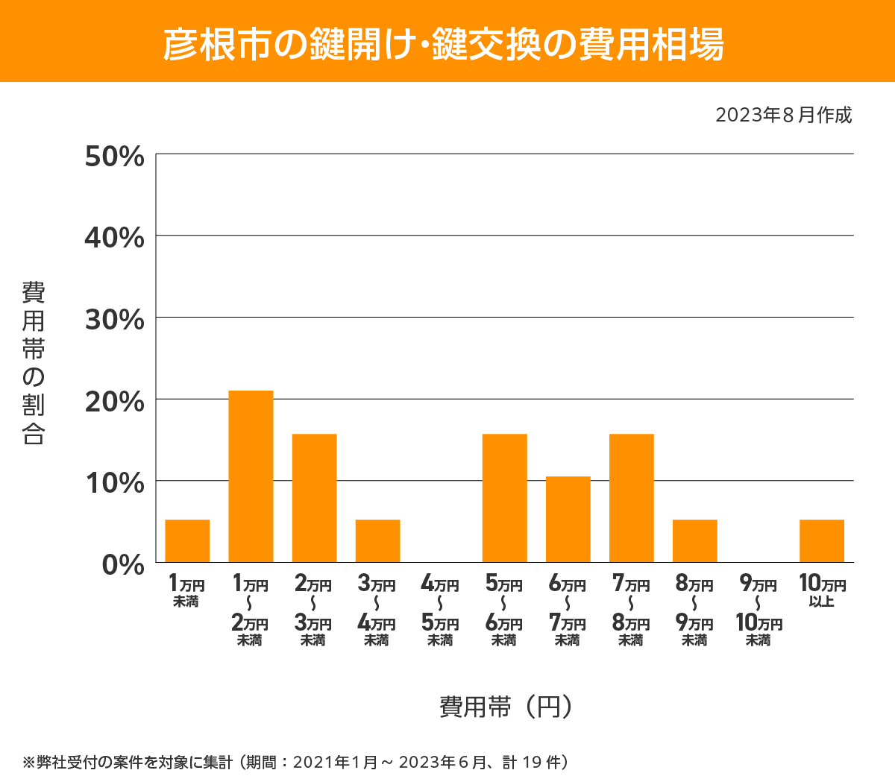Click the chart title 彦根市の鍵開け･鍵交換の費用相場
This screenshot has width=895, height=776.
pyautogui.click(x=444, y=44)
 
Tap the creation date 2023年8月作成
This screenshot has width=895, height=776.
pyautogui.click(x=783, y=116)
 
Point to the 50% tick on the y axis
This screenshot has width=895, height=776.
pyautogui.click(x=114, y=157)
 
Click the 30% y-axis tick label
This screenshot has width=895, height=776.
pyautogui.click(x=114, y=320)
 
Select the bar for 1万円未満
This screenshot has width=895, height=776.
pyautogui.click(x=187, y=541)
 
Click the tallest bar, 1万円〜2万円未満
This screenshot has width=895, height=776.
pyautogui.click(x=251, y=476)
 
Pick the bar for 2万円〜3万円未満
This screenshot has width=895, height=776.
pyautogui.click(x=314, y=498)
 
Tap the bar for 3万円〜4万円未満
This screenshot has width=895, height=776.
pyautogui.click(x=377, y=541)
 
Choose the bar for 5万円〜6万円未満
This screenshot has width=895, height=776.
pyautogui.click(x=504, y=498)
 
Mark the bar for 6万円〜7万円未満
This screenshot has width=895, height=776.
pyautogui.click(x=568, y=520)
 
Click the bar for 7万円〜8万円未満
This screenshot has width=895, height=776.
pyautogui.click(x=631, y=498)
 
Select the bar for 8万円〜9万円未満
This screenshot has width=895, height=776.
pyautogui.click(x=694, y=541)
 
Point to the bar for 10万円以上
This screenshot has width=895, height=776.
pyautogui.click(x=821, y=541)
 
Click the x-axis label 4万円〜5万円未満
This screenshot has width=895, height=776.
pyautogui.click(x=440, y=611)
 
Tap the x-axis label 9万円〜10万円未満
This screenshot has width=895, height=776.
pyautogui.click(x=759, y=611)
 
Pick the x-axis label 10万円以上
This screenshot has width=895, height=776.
pyautogui.click(x=822, y=590)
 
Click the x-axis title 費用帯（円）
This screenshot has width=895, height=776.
pyautogui.click(x=506, y=706)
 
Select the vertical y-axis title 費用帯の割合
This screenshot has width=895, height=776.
pyautogui.click(x=34, y=363)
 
